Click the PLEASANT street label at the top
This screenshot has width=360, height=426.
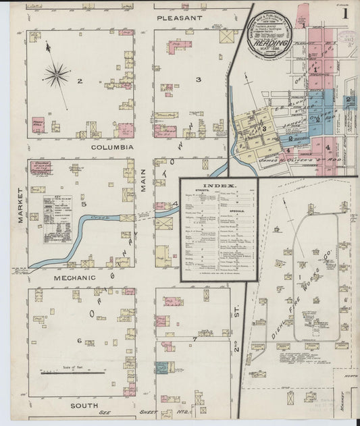pyautogui.click(x=180, y=18)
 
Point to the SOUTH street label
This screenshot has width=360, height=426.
pyautogui.click(x=85, y=406)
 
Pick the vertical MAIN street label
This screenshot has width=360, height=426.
pyautogui.click(x=144, y=180)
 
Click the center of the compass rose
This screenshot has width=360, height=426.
pyautogui.click(x=56, y=74)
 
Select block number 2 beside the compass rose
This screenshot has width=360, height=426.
pyautogui.click(x=79, y=82)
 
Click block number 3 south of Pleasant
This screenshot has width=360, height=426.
pyautogui.click(x=198, y=80)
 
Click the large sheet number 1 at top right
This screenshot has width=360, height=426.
pyautogui.click(x=344, y=13)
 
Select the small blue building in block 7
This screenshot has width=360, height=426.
pyautogui.click(x=161, y=367)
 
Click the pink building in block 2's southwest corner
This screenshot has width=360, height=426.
pyautogui.click(x=38, y=125)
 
